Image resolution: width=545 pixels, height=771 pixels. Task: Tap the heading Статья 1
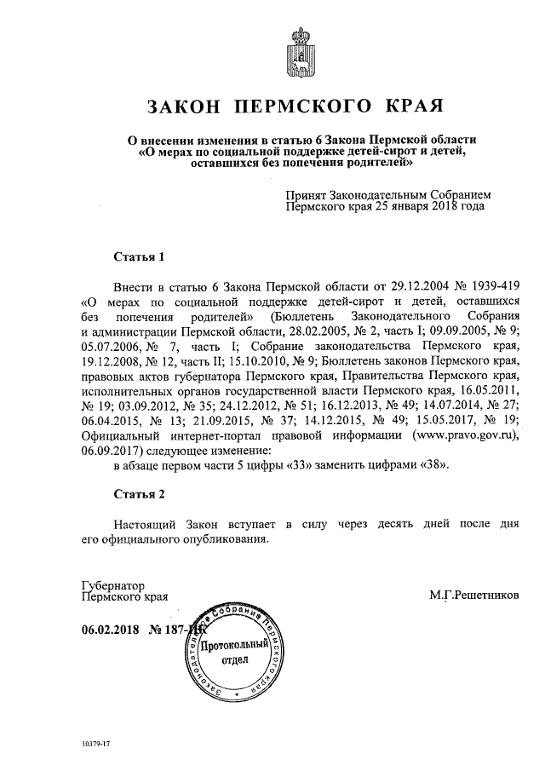pyautogui.click(x=137, y=256)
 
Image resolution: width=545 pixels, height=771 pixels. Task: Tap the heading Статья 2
pyautogui.click(x=137, y=494)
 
